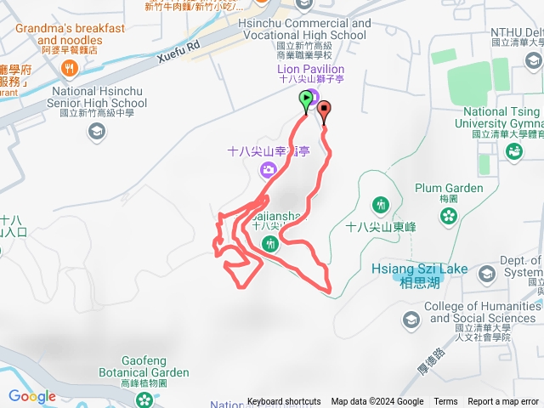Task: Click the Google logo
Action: [32, 396]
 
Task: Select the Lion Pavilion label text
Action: [311, 69]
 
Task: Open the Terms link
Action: [445, 402]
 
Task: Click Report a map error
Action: [504, 402]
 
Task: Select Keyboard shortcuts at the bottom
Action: [284, 402]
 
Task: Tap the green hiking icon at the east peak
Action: [380, 204]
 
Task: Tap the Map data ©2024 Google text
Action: [377, 402]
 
